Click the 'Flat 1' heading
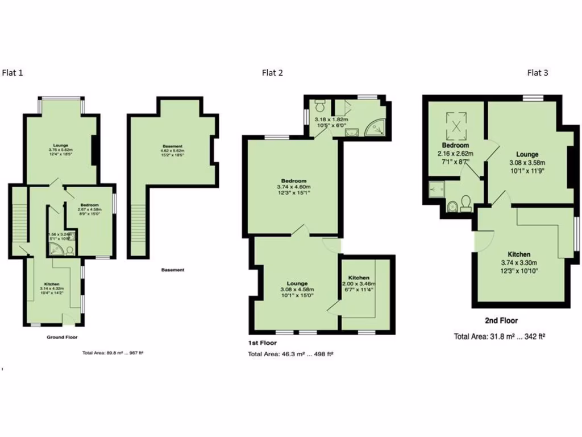[x=13, y=72]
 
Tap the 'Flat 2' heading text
[x=272, y=72]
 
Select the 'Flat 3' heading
[x=538, y=72]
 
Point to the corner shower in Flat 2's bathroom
[x=376, y=129]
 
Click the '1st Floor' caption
[x=262, y=343]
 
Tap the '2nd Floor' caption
[x=501, y=321]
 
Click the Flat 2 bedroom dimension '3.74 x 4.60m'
[x=293, y=187]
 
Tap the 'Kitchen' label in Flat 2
[x=359, y=278]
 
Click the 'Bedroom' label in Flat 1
[x=89, y=205]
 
